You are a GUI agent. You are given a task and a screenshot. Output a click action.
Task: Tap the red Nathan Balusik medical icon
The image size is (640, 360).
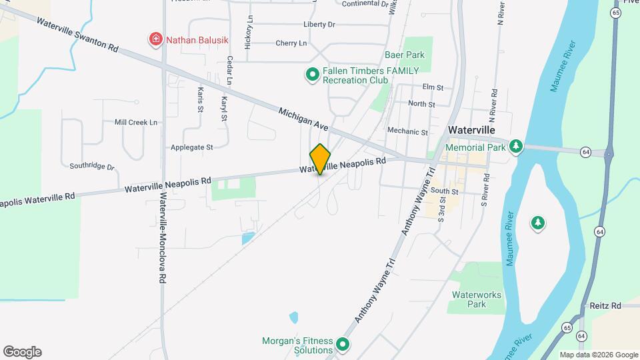156,40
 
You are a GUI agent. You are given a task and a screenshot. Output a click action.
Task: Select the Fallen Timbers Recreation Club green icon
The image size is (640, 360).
311,75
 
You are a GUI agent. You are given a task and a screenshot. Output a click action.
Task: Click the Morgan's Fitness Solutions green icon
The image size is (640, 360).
343,345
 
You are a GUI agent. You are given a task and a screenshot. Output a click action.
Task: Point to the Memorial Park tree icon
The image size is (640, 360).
515,146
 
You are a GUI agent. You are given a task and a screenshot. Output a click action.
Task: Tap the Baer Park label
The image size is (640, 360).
404,55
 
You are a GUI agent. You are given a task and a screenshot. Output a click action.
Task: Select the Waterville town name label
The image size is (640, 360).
472,130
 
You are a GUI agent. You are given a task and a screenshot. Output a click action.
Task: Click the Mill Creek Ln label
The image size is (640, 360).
136,123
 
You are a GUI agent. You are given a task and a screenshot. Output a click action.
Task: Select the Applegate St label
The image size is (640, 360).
191,147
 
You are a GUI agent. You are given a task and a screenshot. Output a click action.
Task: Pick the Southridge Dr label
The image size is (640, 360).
92,165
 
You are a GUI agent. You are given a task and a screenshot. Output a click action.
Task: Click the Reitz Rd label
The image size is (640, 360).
605,305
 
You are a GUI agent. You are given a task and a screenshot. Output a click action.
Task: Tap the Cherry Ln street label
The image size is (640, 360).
291,43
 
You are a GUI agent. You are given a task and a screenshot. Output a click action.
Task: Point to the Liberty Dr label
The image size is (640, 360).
319,25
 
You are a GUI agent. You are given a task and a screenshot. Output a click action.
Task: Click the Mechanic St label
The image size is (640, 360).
407,132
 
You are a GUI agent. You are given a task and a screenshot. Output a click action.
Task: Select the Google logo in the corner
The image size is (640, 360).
22,352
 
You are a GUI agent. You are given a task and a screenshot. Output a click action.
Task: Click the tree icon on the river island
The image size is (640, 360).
537,223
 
